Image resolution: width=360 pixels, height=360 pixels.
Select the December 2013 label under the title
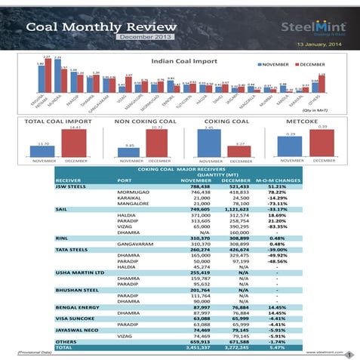click(x=146, y=37)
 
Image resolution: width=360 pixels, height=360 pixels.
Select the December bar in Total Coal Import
click(x=74, y=143)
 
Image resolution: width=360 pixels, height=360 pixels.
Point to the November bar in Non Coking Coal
click(x=129, y=151)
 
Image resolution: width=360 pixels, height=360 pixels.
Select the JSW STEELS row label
click(x=70, y=186)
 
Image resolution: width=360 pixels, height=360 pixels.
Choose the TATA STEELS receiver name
click(x=73, y=249)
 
